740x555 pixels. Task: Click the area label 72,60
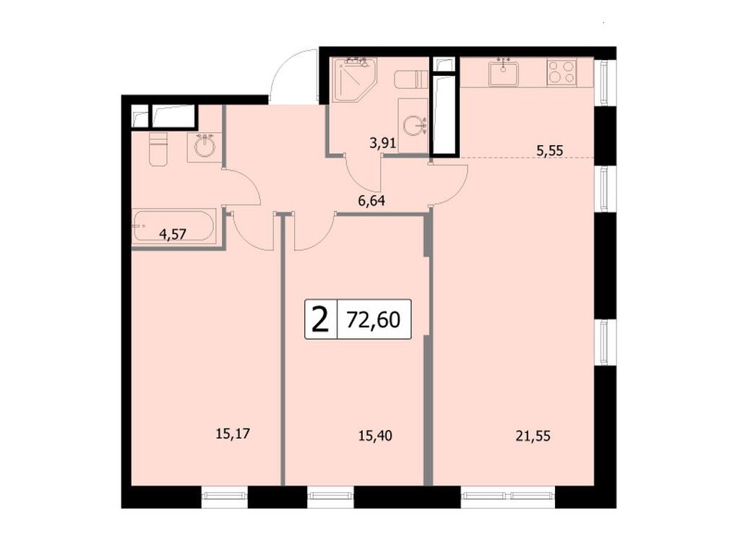tap(373, 319)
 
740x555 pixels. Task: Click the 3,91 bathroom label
tap(382, 143)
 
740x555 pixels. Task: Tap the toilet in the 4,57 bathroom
tap(158, 148)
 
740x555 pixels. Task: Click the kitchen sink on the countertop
tap(503, 72)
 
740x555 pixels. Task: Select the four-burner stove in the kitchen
tap(561, 72)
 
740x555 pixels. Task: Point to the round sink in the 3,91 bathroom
tap(414, 126)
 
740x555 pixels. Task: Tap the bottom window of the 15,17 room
tap(224, 495)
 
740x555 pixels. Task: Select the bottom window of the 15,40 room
tap(330, 495)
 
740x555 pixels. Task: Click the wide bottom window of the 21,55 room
tap(507, 495)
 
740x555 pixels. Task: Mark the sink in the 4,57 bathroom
tap(204, 147)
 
